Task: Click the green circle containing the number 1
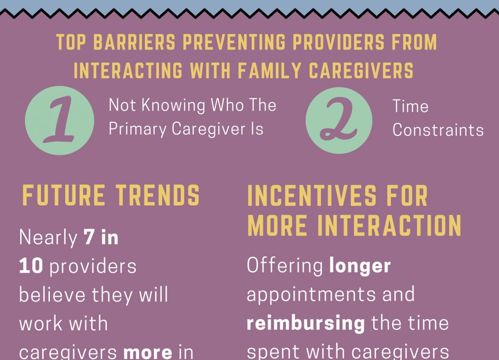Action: [x=59, y=120]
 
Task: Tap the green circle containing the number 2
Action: [x=339, y=120]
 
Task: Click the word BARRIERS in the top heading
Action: [x=134, y=42]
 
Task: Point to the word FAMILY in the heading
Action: [x=269, y=71]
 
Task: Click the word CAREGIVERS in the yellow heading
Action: [x=361, y=71]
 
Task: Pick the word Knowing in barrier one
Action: [x=173, y=105]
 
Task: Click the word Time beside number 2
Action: [x=410, y=106]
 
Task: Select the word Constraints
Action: [x=438, y=130]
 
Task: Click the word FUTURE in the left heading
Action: [x=64, y=195]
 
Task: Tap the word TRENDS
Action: [x=157, y=195]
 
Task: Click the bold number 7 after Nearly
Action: [x=89, y=238]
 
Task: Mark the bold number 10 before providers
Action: [x=31, y=266]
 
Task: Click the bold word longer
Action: [x=360, y=266]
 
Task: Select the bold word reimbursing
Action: [x=306, y=324]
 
